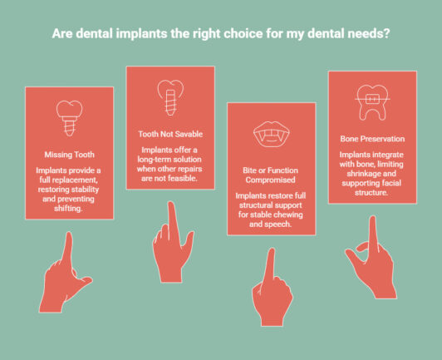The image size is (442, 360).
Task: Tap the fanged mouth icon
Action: (x=270, y=136)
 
